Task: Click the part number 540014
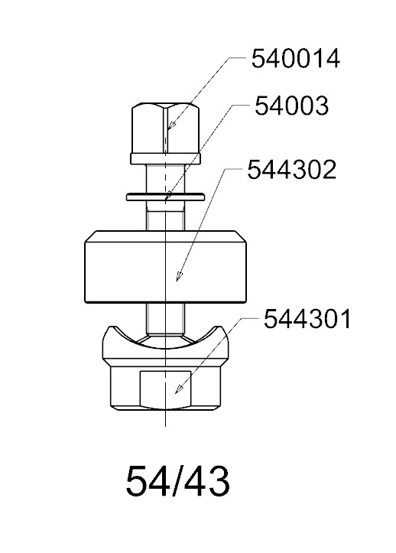pos(296,59)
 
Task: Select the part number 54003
pos(291,106)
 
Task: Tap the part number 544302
pos(291,170)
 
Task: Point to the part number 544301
pos(307,319)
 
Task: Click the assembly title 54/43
pos(177,481)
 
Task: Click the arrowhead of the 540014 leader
pos(171,125)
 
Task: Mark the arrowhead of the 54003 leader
pos(169,195)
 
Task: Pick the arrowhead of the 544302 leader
pos(180,277)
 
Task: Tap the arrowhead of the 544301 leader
pos(179,389)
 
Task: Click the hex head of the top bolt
pos(165,128)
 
